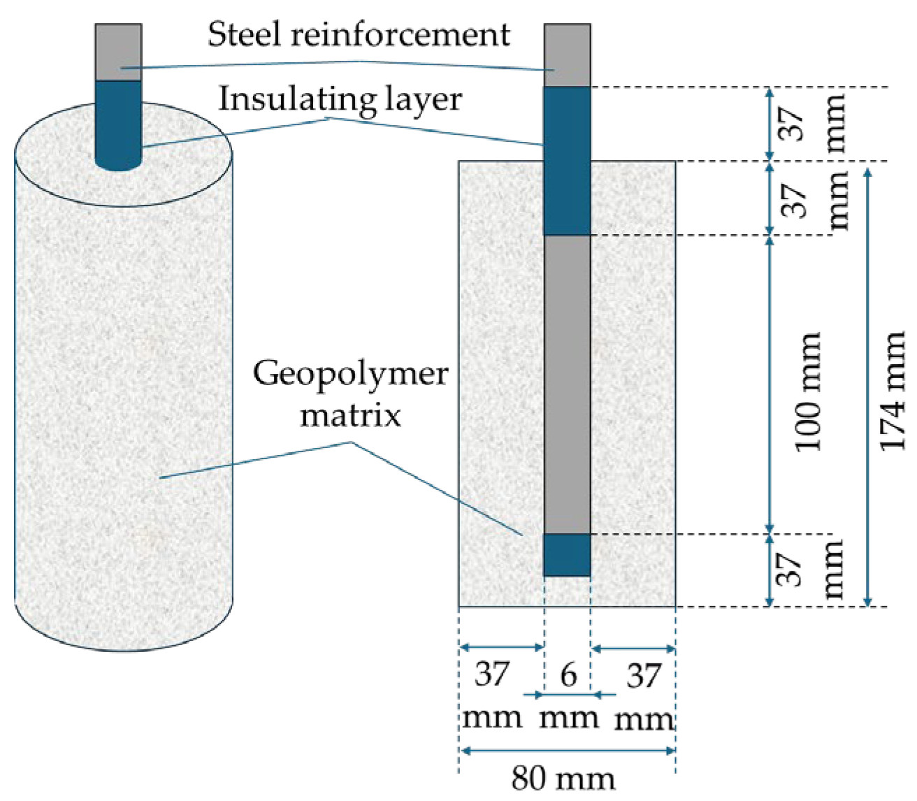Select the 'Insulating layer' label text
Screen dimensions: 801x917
pyautogui.click(x=340, y=99)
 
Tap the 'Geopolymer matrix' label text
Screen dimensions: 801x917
pyautogui.click(x=350, y=394)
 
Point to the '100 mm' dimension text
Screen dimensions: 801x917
pyautogui.click(x=808, y=391)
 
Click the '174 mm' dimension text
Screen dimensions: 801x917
pyautogui.click(x=893, y=391)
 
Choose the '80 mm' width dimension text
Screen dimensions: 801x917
pyautogui.click(x=563, y=778)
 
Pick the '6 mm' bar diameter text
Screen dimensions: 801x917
pyautogui.click(x=569, y=695)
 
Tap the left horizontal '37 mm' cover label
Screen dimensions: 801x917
pyautogui.click(x=492, y=695)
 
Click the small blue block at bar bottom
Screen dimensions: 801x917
pyautogui.click(x=567, y=555)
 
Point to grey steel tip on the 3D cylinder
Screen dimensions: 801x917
pyautogui.click(x=118, y=52)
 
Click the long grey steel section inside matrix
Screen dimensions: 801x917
pyautogui.click(x=567, y=384)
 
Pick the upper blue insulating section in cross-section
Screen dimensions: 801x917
pyautogui.click(x=567, y=161)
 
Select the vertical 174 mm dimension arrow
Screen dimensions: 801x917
pyautogui.click(x=868, y=384)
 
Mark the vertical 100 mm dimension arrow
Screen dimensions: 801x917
pyautogui.click(x=770, y=384)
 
